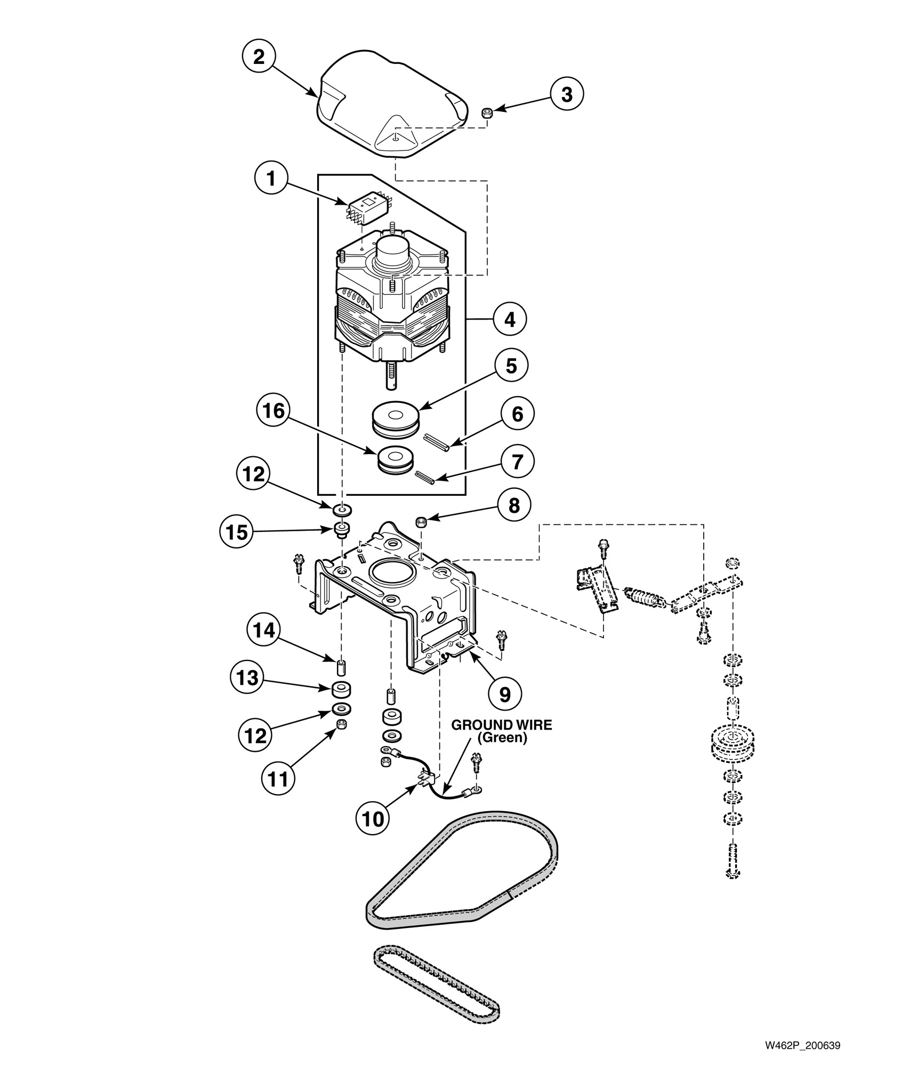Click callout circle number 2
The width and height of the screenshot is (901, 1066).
[259, 57]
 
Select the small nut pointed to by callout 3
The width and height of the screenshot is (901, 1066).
[486, 112]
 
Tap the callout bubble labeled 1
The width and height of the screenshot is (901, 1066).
[272, 179]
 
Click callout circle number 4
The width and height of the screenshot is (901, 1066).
[510, 320]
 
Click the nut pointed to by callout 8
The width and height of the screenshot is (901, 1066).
[421, 521]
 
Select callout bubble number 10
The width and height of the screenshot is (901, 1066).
[373, 819]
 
